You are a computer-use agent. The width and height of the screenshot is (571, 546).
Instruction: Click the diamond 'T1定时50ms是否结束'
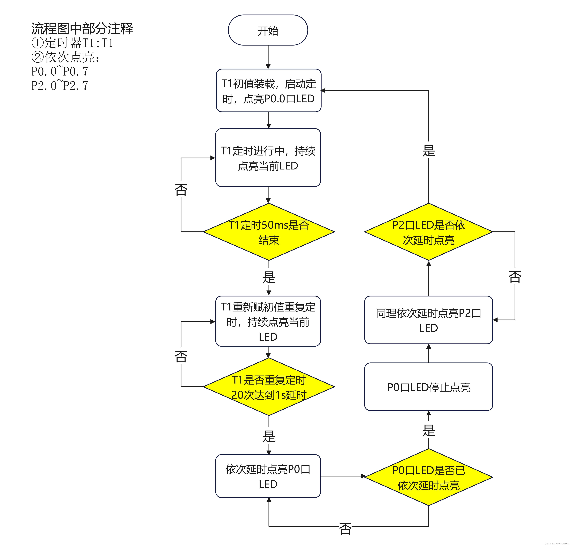point(269,232)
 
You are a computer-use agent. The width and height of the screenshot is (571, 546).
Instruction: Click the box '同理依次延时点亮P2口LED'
point(429,320)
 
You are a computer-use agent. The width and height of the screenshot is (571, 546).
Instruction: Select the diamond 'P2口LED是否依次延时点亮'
point(429,232)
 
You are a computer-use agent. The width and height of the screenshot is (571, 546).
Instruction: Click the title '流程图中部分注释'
point(82,29)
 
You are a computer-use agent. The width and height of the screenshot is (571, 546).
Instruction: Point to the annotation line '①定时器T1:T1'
point(72,43)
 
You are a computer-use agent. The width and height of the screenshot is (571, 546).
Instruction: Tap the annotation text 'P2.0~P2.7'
point(60,86)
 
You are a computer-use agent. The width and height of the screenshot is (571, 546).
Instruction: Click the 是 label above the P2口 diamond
point(429,151)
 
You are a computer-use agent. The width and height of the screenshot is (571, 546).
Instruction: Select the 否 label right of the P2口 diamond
point(515,276)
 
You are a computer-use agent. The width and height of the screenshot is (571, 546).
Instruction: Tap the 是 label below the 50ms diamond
point(269,277)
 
